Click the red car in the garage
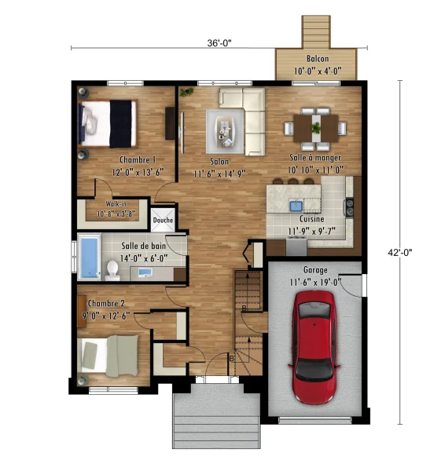coord(314,347)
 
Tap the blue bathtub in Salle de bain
coord(90,257)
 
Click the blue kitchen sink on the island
coord(296,206)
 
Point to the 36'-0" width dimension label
coord(219,43)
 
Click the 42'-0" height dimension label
coord(399,253)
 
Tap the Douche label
coord(163,220)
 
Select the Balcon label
coord(318,59)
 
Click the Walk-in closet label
coord(116,203)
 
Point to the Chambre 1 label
coord(138,159)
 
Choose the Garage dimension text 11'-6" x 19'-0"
coord(315,283)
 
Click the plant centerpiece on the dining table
coord(316,128)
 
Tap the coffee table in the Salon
coord(225,132)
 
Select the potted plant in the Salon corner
coord(186,91)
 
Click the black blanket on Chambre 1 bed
coord(120,124)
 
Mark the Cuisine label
coord(312,219)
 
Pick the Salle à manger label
coord(315,158)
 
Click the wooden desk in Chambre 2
coord(82,311)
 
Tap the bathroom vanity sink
coord(145,272)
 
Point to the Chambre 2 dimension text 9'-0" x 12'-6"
coord(106,316)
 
